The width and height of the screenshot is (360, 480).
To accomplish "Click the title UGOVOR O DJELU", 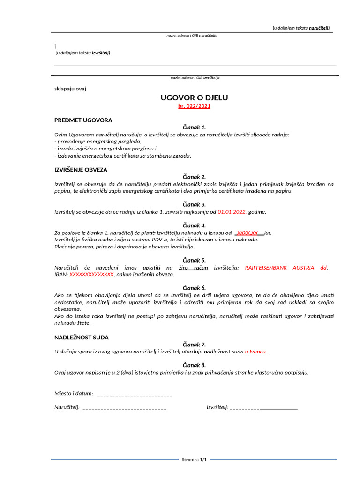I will click(x=194, y=97).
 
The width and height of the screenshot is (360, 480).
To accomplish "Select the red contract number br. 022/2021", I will click(x=194, y=106).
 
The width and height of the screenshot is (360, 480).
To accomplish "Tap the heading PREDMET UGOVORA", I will click(x=83, y=120).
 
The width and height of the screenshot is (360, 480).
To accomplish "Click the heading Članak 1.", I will click(x=194, y=127).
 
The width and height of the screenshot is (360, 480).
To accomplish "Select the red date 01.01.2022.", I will click(x=232, y=212).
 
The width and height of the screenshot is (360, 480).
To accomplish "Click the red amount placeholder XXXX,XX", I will click(x=247, y=232).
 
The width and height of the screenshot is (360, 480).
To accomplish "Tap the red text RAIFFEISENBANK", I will click(x=267, y=268).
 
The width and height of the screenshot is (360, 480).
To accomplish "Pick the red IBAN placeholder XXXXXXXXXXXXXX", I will click(x=91, y=274).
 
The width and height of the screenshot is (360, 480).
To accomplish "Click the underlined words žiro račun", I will click(x=193, y=268).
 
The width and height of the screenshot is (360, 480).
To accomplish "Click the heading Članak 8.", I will click(x=194, y=365).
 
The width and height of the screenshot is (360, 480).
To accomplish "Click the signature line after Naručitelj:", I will click(x=124, y=408).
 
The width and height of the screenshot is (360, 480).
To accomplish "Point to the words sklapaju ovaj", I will click(x=70, y=88).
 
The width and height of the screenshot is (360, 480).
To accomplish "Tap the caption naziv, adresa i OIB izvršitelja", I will click(x=195, y=78).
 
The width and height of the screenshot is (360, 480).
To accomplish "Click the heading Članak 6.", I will click(x=194, y=288).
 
